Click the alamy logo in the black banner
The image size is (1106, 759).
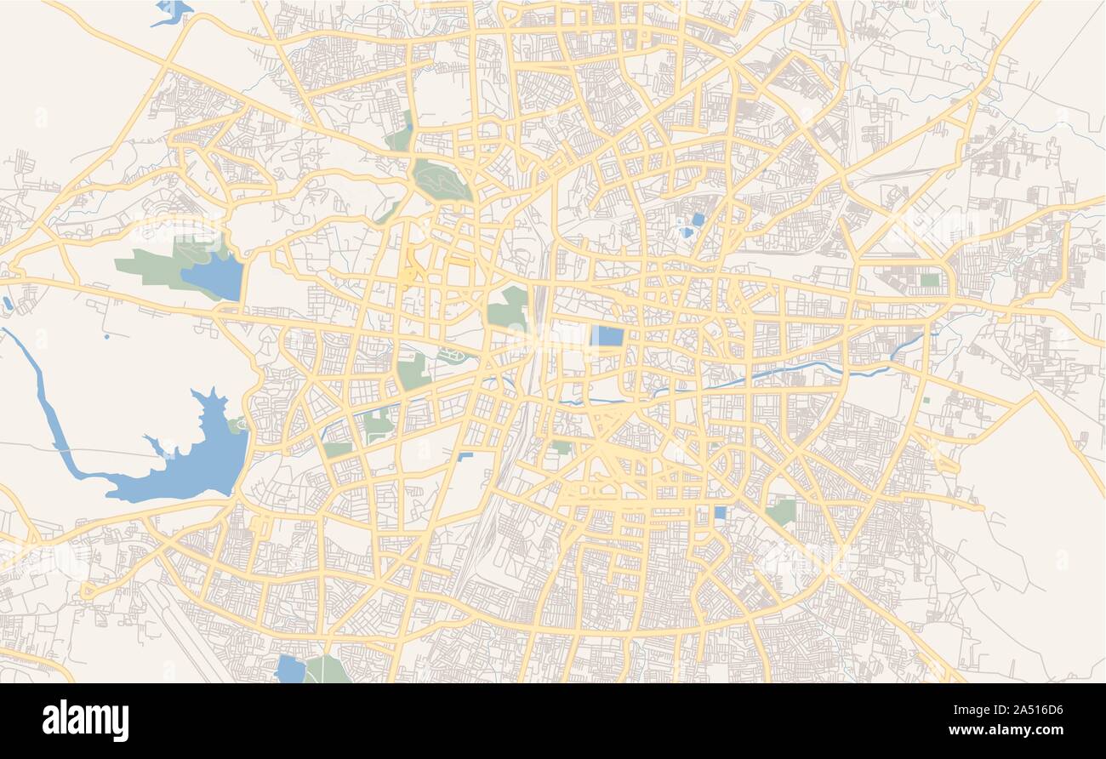point(85,720)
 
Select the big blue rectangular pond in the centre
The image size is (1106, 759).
point(607,335)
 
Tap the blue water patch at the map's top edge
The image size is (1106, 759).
point(173,11)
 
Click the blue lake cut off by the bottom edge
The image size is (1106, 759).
point(290,669)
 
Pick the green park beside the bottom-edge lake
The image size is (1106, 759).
point(326,670)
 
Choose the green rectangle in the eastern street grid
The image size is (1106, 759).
point(929,280)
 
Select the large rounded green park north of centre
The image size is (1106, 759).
point(440,179)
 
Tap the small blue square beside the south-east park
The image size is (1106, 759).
point(720,512)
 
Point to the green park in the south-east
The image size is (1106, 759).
point(781,511)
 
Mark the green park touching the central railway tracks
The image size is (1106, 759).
point(509,309)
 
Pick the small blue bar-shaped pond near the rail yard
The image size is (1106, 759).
point(465,457)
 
